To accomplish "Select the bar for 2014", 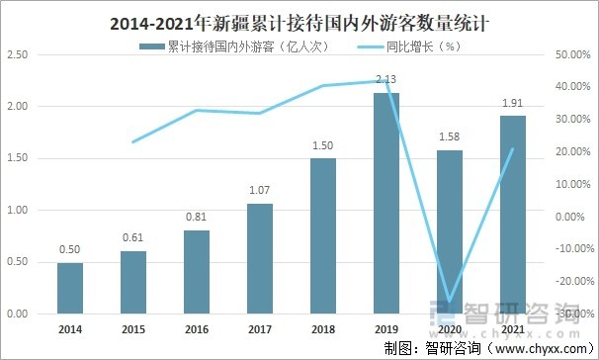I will [69, 288].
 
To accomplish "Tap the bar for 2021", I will [512, 215].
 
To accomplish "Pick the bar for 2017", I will [259, 258].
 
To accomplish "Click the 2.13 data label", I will [385, 80].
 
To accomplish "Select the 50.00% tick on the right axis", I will [572, 54].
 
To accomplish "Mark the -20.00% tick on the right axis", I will [572, 281].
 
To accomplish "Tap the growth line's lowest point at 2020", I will [449, 300].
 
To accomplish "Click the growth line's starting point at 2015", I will [132, 142].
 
